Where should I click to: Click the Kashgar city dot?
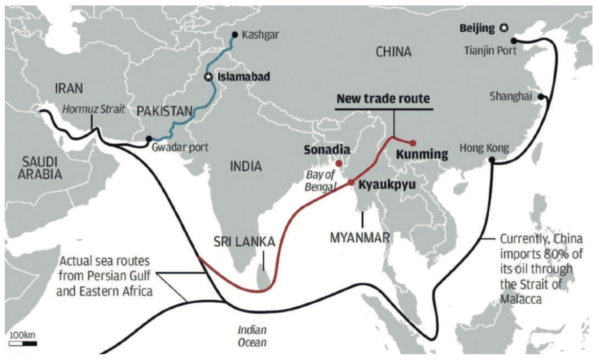[235, 35]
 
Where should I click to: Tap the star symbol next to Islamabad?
[208, 77]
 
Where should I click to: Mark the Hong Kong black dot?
[491, 160]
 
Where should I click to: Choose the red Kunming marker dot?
[412, 143]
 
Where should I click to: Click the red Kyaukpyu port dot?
[351, 182]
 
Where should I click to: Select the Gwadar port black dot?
[148, 139]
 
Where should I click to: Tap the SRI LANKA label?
[244, 242]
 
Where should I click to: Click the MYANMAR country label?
[360, 237]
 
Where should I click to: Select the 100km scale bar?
[23, 344]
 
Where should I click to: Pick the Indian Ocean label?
[252, 337]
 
